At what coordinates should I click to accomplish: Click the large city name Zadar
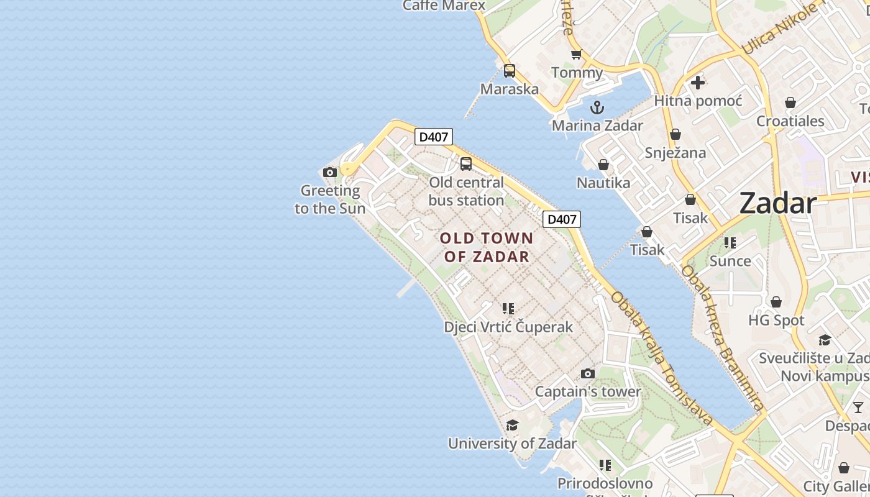click(x=777, y=203)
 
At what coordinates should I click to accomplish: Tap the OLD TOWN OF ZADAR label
click(x=487, y=247)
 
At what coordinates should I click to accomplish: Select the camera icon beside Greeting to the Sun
click(x=330, y=172)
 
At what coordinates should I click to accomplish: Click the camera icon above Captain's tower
click(x=587, y=373)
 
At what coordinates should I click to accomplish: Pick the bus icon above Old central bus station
click(x=465, y=164)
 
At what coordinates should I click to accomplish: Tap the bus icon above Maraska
click(x=510, y=71)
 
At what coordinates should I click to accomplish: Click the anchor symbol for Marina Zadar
click(x=597, y=107)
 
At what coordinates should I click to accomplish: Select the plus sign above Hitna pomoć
click(x=698, y=82)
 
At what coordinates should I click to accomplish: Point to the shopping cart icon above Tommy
click(x=576, y=55)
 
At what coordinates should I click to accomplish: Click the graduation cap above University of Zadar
click(x=512, y=425)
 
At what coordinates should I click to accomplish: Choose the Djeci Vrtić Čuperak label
click(x=508, y=327)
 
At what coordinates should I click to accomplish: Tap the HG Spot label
click(x=776, y=321)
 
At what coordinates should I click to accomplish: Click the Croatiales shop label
click(x=790, y=121)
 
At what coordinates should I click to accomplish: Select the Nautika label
click(x=603, y=183)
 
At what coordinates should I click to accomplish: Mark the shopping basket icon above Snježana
click(x=675, y=134)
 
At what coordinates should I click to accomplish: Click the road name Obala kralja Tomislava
click(x=661, y=358)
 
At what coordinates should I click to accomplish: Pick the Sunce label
click(x=730, y=261)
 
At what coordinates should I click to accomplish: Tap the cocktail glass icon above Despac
click(x=858, y=408)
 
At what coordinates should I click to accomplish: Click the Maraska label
click(x=510, y=89)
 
